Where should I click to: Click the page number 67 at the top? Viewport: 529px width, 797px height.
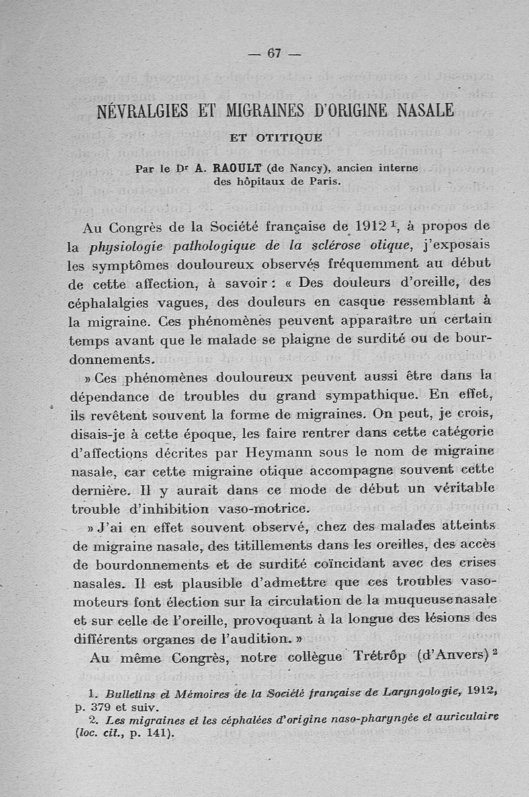point(272,54)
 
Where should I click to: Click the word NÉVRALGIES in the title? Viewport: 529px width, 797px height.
point(138,110)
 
